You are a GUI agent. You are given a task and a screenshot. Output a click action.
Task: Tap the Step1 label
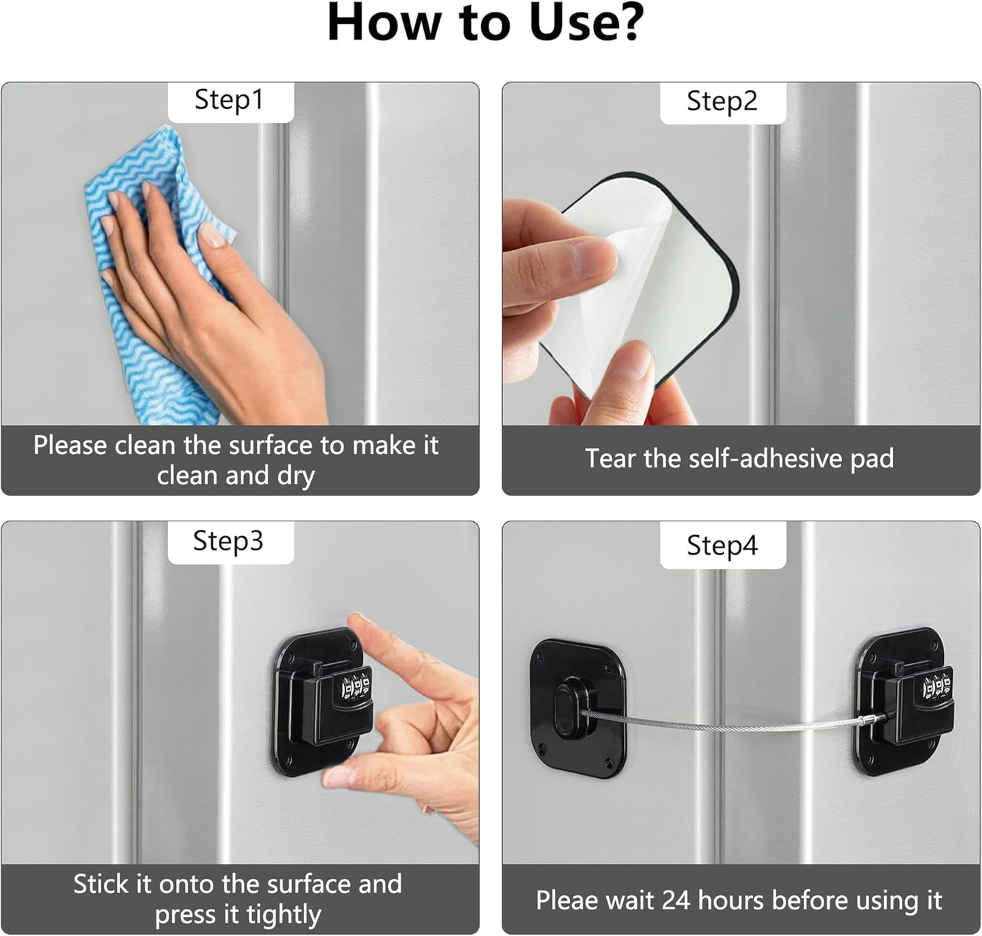coord(229,100)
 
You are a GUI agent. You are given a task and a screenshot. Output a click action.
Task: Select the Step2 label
coord(722,101)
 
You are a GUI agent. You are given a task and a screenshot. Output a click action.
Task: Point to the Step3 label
coord(228,541)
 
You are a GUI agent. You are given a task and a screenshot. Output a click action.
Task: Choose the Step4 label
coord(722,545)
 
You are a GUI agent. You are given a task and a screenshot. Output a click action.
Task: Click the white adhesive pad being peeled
coord(652,285)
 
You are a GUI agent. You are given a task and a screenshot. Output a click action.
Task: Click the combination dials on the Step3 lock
coord(355,688)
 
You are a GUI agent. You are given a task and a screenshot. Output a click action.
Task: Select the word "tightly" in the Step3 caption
coord(283,915)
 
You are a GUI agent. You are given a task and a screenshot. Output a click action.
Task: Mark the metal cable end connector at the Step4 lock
coord(871,719)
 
